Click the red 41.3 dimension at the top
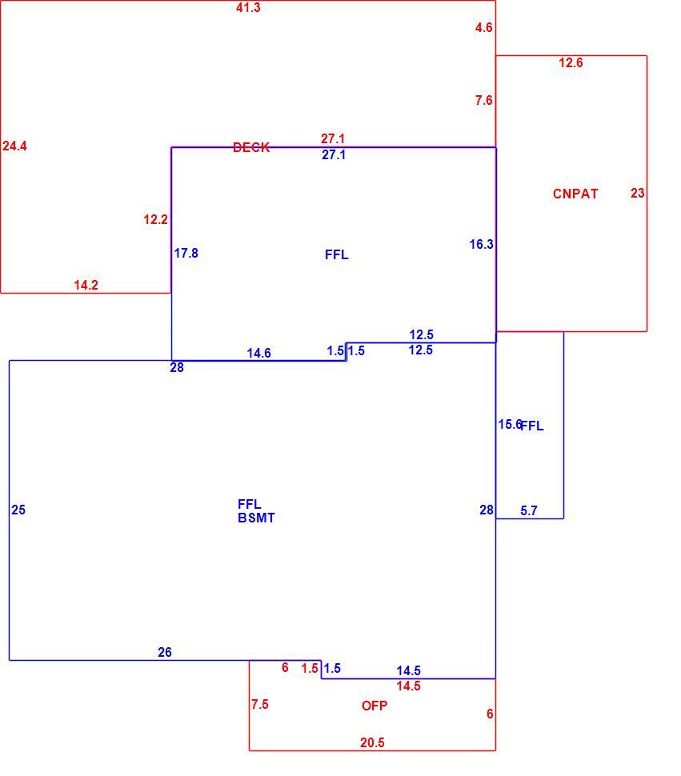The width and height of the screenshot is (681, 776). pyautogui.click(x=248, y=7)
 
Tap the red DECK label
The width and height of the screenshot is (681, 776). pyautogui.click(x=251, y=147)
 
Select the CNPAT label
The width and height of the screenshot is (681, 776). pyautogui.click(x=575, y=194)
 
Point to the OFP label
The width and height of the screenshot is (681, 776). pyautogui.click(x=375, y=706)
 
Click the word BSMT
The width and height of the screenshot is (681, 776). pyautogui.click(x=256, y=518)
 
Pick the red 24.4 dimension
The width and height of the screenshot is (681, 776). pyautogui.click(x=15, y=146)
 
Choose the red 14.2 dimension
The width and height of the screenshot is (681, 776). pyautogui.click(x=86, y=285)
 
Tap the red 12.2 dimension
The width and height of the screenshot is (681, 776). pyautogui.click(x=155, y=219)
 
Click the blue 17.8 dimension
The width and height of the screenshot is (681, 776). pyautogui.click(x=186, y=253)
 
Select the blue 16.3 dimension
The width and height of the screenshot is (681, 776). pyautogui.click(x=481, y=244)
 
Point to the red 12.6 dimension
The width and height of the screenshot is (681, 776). pyautogui.click(x=571, y=62)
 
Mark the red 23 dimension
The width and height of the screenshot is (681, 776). pyautogui.click(x=638, y=193)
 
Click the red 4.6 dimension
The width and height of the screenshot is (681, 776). pyautogui.click(x=483, y=27)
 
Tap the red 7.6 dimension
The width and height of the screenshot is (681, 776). pyautogui.click(x=483, y=100)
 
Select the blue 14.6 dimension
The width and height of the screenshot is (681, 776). pyautogui.click(x=258, y=353)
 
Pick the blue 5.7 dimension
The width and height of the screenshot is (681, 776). pyautogui.click(x=529, y=510)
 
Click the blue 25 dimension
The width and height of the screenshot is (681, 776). pyautogui.click(x=18, y=510)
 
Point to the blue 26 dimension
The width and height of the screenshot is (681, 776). pyautogui.click(x=165, y=652)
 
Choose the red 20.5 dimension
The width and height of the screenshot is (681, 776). pyautogui.click(x=372, y=742)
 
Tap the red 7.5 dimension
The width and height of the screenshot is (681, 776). pyautogui.click(x=260, y=704)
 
